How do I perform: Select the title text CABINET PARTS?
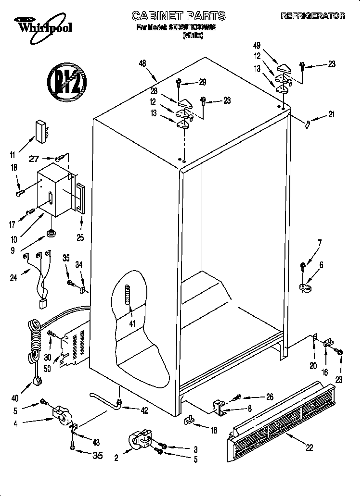(178, 16)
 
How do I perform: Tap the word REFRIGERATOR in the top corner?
(313, 16)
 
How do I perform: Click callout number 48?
(142, 63)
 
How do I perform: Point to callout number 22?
(309, 447)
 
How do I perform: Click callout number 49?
(257, 46)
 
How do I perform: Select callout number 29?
(202, 82)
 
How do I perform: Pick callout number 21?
(331, 114)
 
